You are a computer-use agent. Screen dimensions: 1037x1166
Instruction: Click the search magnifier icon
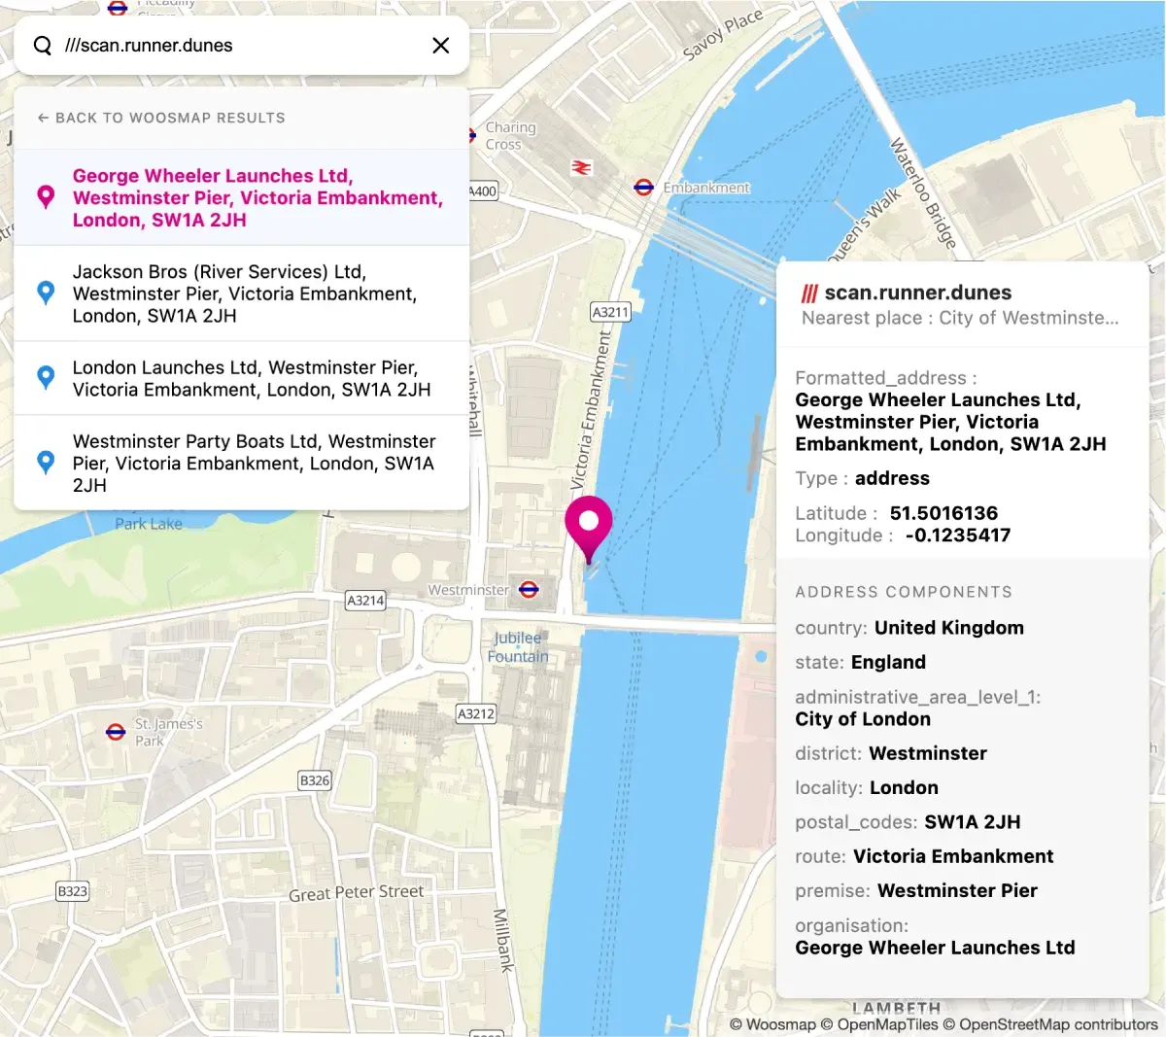(43, 46)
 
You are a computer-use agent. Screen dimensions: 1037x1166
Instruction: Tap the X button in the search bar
(440, 46)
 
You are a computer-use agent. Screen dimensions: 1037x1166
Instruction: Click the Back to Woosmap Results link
(161, 118)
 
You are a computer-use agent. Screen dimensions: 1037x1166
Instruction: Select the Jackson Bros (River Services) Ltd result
(243, 294)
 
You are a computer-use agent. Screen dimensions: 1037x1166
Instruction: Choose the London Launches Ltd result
(243, 379)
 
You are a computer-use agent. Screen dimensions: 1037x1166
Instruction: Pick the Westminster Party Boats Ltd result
(243, 463)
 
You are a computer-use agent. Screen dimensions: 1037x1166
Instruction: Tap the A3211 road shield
(610, 312)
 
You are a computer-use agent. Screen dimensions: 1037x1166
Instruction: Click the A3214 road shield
(365, 601)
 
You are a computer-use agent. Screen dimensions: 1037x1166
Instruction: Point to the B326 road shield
(315, 779)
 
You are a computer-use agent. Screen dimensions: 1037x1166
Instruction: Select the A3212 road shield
(476, 713)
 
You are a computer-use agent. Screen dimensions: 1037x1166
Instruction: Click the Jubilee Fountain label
(518, 647)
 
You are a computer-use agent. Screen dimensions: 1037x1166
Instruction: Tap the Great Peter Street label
(356, 892)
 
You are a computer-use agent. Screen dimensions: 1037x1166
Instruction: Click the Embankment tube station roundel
(643, 187)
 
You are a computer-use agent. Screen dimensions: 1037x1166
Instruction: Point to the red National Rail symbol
(581, 167)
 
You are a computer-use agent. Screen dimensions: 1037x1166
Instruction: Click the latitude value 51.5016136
(943, 513)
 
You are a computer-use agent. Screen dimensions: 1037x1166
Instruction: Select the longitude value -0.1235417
(957, 536)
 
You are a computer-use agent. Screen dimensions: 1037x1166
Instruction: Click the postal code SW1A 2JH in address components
(972, 822)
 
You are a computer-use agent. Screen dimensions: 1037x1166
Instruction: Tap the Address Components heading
(904, 592)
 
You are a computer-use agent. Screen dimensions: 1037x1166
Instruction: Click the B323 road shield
(72, 890)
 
